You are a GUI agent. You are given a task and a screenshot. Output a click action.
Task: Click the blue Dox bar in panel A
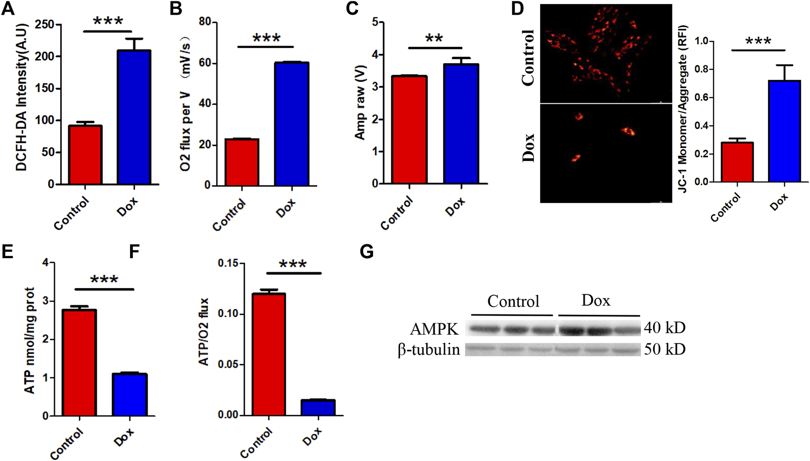(134, 117)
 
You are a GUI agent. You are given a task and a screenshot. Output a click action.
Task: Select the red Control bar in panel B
(242, 162)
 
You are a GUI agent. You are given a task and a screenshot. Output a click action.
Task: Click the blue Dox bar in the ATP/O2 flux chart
(318, 408)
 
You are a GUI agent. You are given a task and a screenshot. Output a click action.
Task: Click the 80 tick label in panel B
(205, 22)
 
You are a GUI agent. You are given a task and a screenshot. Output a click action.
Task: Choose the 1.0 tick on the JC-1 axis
(702, 41)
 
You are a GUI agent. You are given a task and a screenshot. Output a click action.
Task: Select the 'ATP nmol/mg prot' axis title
(29, 340)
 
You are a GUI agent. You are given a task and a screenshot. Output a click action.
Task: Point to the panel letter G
(367, 252)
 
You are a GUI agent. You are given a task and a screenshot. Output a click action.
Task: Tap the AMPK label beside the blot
(434, 329)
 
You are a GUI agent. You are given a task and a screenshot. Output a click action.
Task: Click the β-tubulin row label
(429, 350)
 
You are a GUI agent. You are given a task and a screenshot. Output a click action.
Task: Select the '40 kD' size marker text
(664, 328)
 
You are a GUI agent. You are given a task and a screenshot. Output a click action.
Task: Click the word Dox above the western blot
(596, 301)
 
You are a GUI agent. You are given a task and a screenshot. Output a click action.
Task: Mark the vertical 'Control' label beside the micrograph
(528, 58)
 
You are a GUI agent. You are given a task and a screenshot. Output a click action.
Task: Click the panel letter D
(518, 8)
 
